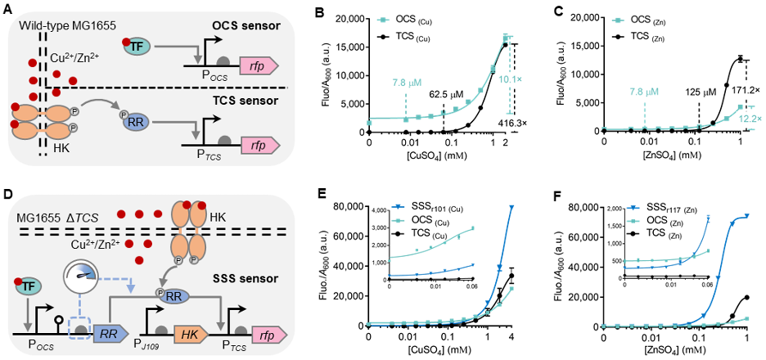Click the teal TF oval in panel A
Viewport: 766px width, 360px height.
138,48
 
